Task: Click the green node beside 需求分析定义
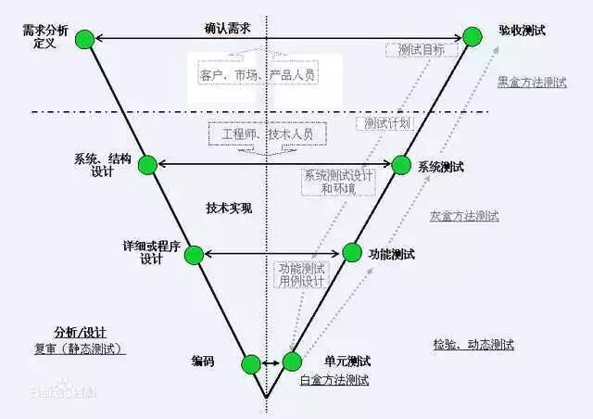[84, 39]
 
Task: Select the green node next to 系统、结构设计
[148, 165]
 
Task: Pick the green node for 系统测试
[400, 165]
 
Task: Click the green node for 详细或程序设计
[195, 253]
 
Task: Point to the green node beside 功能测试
[352, 252]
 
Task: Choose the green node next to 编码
[250, 363]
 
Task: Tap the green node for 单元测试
[292, 362]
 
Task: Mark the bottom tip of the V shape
[267, 399]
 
